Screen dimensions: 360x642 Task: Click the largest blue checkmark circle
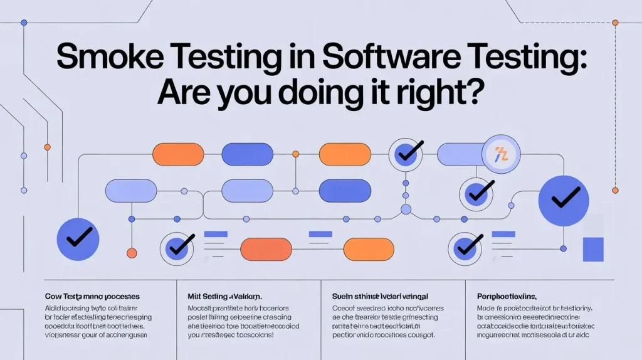(x=564, y=200)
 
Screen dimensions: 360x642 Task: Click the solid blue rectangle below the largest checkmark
(x=592, y=249)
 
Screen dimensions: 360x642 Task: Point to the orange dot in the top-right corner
(x=615, y=23)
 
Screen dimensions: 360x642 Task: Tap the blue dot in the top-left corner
(x=24, y=23)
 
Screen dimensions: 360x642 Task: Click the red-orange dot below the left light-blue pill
(x=132, y=253)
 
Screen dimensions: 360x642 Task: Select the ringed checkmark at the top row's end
(x=406, y=154)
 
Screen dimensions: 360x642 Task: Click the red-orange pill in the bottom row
(x=266, y=249)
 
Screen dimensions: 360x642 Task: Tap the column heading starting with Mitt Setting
(x=226, y=295)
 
